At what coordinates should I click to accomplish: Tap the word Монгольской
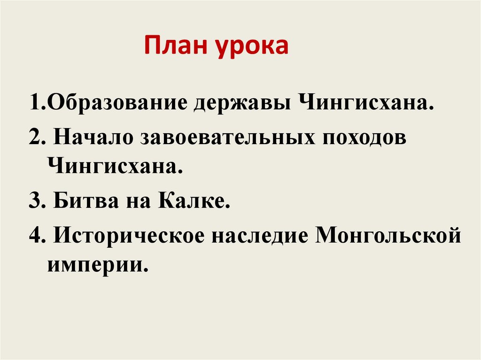click(388, 235)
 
